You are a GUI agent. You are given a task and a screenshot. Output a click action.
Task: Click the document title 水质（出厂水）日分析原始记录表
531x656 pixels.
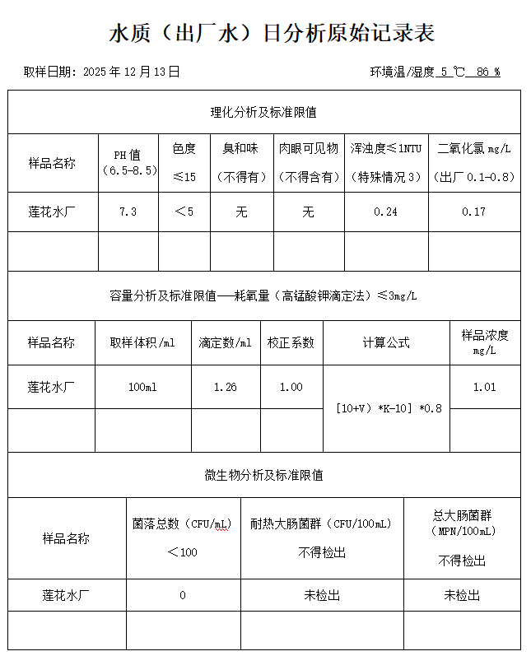tap(271, 33)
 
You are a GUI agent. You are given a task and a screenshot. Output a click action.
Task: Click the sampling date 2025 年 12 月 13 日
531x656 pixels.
tap(132, 72)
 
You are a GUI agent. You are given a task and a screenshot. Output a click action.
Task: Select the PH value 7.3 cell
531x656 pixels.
tap(128, 212)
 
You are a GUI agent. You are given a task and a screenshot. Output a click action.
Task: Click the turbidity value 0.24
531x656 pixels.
tap(385, 212)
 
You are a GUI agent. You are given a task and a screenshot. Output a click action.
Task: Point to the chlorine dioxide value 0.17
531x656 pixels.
tap(473, 212)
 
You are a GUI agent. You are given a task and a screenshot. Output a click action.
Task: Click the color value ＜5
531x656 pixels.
tap(184, 212)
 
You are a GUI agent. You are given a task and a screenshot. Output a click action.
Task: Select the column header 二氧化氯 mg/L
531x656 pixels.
tap(474, 149)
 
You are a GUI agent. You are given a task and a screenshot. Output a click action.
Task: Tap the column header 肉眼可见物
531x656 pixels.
tap(308, 149)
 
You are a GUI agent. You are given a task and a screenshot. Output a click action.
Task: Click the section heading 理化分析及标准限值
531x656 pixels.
tap(264, 112)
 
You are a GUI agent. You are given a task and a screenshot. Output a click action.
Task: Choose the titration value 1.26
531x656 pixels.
tap(225, 387)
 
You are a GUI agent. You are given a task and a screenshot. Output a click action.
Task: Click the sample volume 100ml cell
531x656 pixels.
tap(142, 387)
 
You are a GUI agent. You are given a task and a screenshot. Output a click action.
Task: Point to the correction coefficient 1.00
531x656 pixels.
tap(291, 387)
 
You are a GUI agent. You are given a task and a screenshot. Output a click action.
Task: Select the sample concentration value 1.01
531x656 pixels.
tap(484, 387)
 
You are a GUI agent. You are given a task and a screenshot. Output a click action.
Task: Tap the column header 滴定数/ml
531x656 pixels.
tap(225, 342)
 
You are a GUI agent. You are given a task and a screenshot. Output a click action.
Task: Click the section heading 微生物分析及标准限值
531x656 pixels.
tap(264, 475)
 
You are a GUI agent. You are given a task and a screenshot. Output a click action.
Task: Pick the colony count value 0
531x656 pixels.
tap(183, 595)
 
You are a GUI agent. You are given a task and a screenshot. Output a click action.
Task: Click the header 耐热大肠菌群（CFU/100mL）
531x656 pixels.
tap(322, 523)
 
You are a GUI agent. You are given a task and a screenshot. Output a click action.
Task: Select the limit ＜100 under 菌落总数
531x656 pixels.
tap(183, 551)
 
